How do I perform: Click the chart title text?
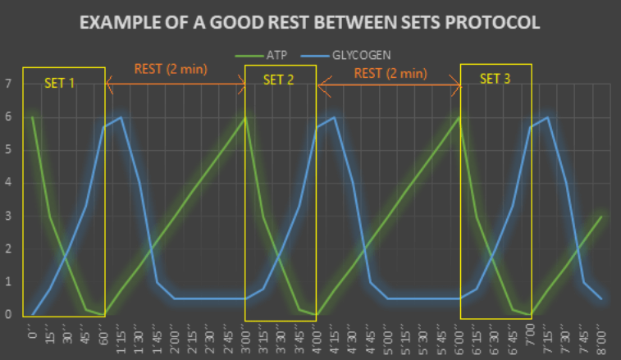click(x=310, y=22)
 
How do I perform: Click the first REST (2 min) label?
click(x=176, y=69)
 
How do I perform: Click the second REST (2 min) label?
click(x=390, y=73)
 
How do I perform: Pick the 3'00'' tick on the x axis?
click(x=245, y=336)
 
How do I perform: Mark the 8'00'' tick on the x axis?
click(x=601, y=336)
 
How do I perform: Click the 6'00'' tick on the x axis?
click(x=459, y=336)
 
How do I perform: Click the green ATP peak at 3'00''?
click(x=245, y=117)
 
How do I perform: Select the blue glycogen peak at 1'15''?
click(x=121, y=117)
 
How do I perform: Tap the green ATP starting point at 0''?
click(x=33, y=117)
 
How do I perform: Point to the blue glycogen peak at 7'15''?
click(x=548, y=117)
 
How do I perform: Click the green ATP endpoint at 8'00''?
click(x=601, y=216)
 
